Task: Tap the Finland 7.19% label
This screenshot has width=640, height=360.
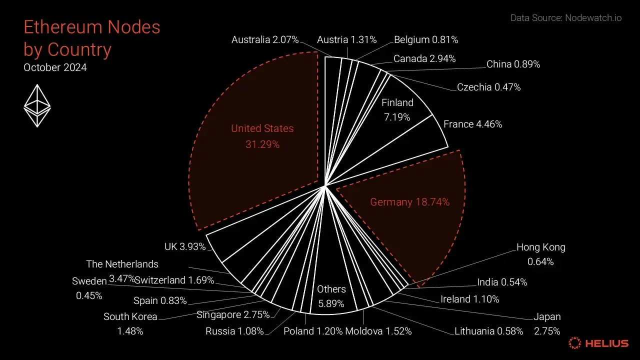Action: point(397,110)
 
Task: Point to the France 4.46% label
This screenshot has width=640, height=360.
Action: point(472,124)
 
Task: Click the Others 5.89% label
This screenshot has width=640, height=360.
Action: point(331,296)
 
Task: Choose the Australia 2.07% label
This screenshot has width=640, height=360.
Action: point(265,39)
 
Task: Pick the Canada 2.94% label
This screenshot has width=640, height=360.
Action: point(424,58)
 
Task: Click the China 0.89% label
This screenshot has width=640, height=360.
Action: point(513,64)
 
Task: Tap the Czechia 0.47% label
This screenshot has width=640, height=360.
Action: point(488,87)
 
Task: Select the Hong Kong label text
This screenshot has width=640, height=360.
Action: point(540,247)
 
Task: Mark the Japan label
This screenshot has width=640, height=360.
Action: point(547,317)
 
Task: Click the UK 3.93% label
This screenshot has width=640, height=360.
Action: point(185,247)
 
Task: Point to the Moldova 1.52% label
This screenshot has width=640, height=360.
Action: point(378,331)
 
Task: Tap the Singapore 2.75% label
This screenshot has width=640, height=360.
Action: point(233,314)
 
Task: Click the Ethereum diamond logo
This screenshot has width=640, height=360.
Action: point(37,105)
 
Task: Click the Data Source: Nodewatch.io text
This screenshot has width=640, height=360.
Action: point(566,18)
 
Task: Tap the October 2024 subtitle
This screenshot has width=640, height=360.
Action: point(55,67)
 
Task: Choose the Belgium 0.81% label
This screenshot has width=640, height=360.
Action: point(426,39)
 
